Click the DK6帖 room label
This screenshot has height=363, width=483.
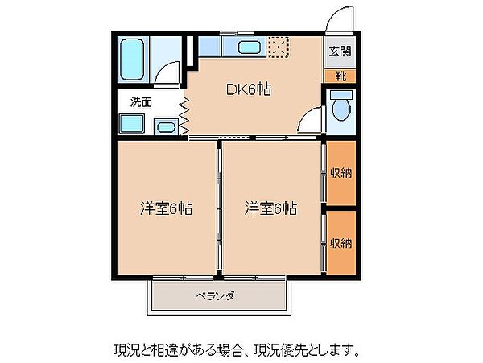[249, 89]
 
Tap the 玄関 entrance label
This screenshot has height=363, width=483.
[340, 51]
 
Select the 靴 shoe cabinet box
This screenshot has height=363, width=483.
[340, 76]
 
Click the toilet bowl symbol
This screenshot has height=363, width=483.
[341, 106]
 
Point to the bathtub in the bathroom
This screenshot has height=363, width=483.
[133, 59]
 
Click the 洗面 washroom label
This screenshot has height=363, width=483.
[141, 102]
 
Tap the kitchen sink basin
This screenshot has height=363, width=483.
[249, 47]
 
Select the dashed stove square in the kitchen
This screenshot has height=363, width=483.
[279, 47]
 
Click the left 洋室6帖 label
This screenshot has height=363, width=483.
[167, 208]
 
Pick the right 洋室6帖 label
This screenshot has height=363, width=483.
[271, 208]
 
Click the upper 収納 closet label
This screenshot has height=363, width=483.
[341, 173]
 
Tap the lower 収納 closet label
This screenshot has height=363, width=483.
[341, 244]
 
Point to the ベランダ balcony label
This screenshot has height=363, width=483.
[216, 296]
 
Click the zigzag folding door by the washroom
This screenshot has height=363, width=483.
[184, 116]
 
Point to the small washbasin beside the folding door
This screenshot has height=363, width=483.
[166, 126]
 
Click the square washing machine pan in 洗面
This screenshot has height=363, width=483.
[132, 123]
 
